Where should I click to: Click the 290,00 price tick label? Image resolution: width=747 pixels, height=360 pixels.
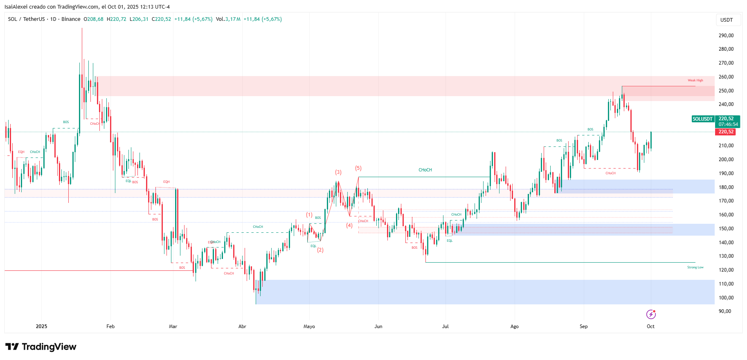tap(726, 36)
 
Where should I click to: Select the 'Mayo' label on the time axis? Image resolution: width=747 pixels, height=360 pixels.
tap(309, 326)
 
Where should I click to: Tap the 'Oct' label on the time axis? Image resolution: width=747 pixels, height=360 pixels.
tap(650, 326)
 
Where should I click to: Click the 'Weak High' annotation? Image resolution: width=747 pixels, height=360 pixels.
tap(695, 81)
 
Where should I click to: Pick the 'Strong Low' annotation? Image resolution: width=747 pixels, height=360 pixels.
tap(695, 268)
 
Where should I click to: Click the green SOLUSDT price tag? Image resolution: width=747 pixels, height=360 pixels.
tap(702, 119)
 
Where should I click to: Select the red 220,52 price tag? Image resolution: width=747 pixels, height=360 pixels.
tap(726, 132)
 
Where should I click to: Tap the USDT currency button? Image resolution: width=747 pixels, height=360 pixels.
tap(727, 20)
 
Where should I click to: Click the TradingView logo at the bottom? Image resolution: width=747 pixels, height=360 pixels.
tap(41, 347)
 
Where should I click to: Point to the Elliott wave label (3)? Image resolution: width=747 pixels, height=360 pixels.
tap(338, 172)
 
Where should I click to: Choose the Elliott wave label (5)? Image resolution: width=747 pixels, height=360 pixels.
tap(358, 168)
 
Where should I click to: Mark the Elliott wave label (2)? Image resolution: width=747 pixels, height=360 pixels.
tap(320, 250)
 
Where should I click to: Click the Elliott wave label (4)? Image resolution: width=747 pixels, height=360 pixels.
tap(349, 225)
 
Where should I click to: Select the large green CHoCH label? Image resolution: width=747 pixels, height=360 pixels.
tap(425, 170)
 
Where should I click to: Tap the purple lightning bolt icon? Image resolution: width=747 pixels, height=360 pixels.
tap(651, 314)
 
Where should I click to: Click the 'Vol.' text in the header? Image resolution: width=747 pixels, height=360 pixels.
tap(220, 19)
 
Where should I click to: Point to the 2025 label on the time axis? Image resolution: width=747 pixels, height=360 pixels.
tap(41, 326)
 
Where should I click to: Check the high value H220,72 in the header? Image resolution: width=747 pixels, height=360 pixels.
tap(117, 19)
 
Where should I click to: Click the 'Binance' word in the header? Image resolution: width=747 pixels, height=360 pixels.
tap(71, 19)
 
